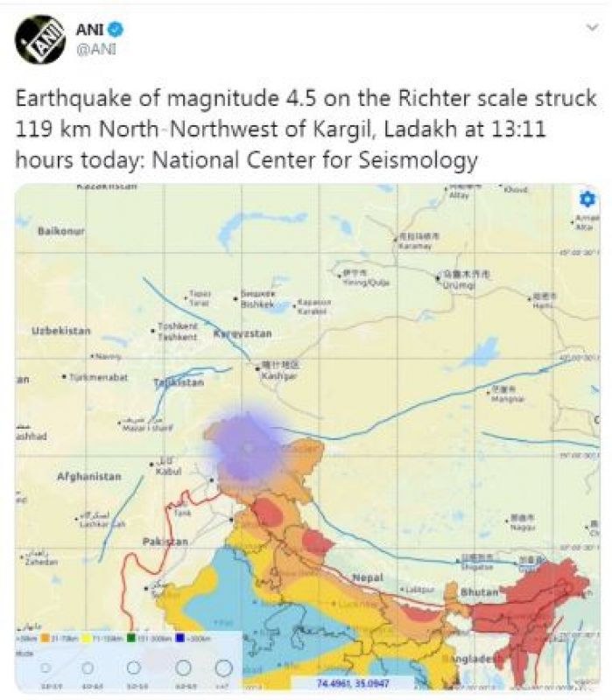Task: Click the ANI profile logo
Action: (39, 39)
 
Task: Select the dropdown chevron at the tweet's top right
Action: (592, 28)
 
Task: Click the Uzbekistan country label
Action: (61, 331)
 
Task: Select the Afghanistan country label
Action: (88, 477)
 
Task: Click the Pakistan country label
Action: (165, 542)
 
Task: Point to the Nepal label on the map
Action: (369, 577)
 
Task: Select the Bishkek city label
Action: (257, 305)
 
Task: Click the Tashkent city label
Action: (177, 337)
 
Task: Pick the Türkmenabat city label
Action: (99, 377)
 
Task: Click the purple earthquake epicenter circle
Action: (248, 444)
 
